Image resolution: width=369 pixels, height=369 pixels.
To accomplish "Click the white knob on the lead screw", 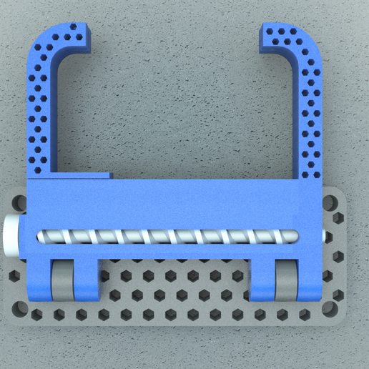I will click(12, 237).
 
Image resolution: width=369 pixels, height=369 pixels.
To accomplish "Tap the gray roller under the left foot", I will click(62, 283).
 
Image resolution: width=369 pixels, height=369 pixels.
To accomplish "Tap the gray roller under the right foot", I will click(287, 283).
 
